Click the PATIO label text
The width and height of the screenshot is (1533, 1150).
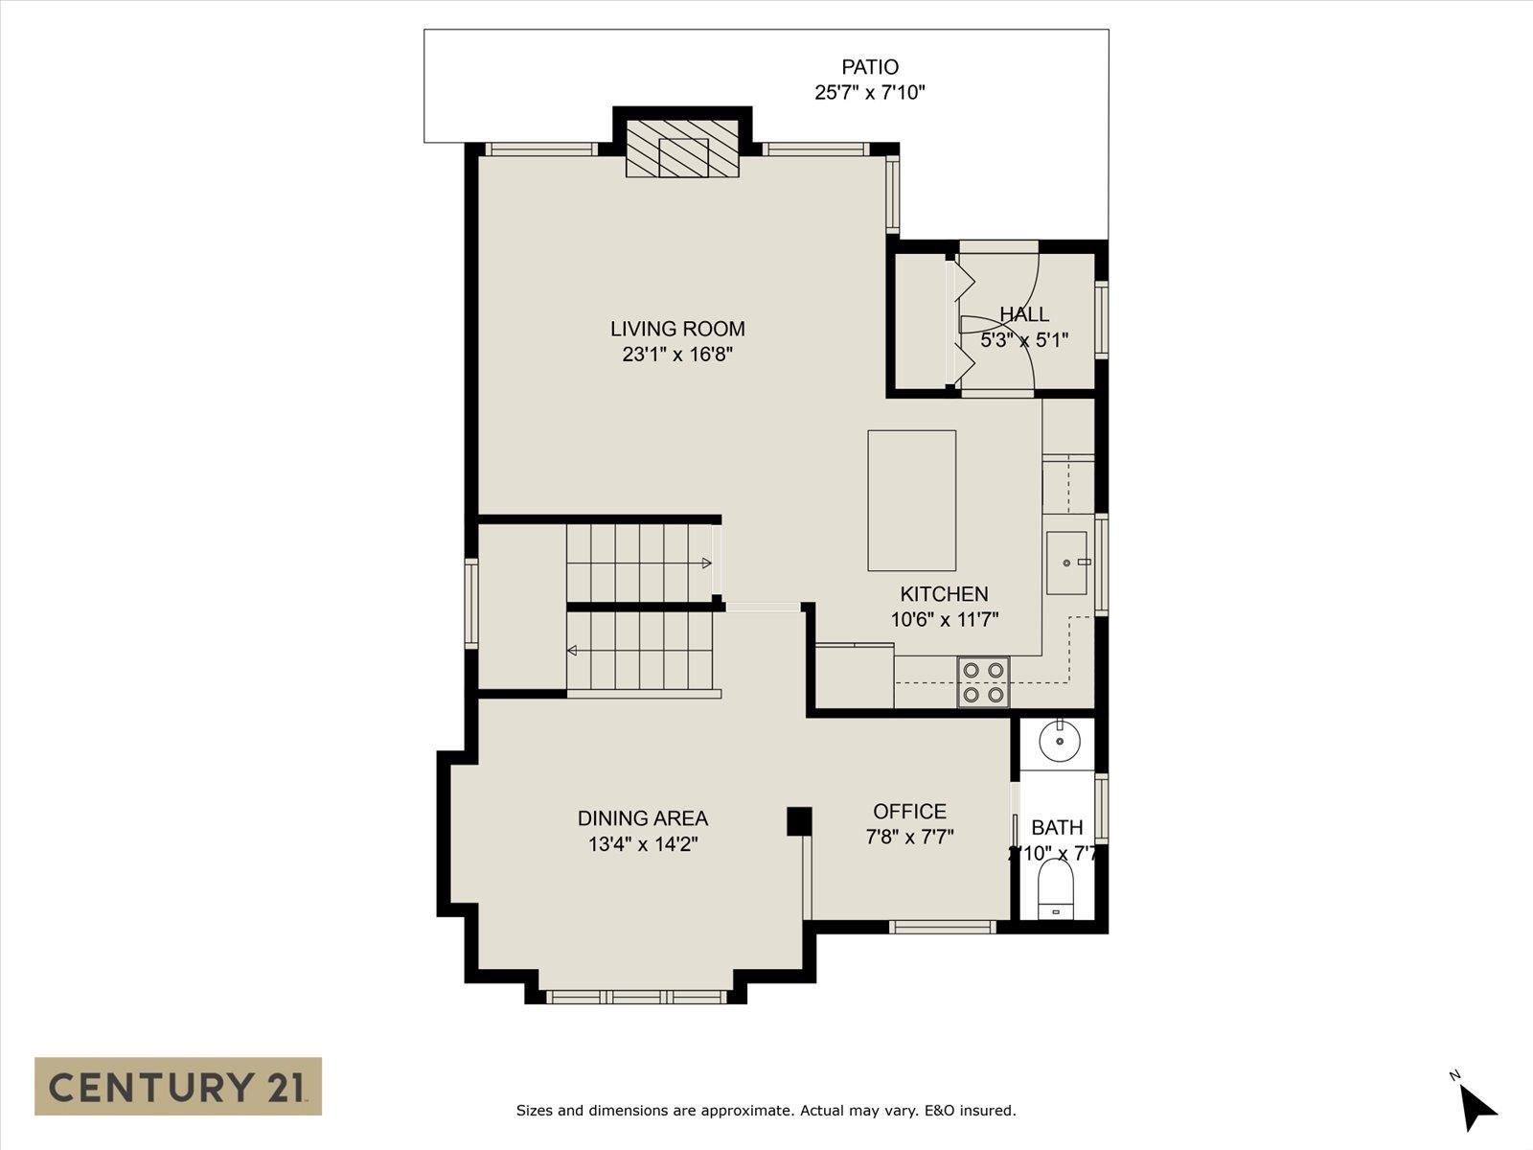870,67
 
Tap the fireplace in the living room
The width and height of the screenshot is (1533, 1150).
683,149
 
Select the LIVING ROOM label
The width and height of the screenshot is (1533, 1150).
677,329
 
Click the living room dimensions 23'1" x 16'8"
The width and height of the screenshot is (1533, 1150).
677,355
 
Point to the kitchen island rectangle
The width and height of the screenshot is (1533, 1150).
911,500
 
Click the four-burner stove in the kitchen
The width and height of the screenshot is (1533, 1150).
984,682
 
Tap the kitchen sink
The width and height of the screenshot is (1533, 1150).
1066,563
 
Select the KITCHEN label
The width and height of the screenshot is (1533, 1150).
944,594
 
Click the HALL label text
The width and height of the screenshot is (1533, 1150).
1024,314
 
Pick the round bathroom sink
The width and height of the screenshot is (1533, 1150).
1061,740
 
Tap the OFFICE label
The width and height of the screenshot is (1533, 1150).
909,812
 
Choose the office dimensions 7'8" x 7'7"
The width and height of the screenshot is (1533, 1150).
909,838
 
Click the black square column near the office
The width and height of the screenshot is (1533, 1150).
799,820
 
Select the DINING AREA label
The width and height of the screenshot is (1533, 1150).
642,818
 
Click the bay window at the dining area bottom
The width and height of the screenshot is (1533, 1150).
636,997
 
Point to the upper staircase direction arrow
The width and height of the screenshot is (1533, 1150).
706,563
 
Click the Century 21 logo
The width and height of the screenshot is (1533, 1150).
178,1086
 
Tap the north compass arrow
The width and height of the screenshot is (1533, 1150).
1478,1108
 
